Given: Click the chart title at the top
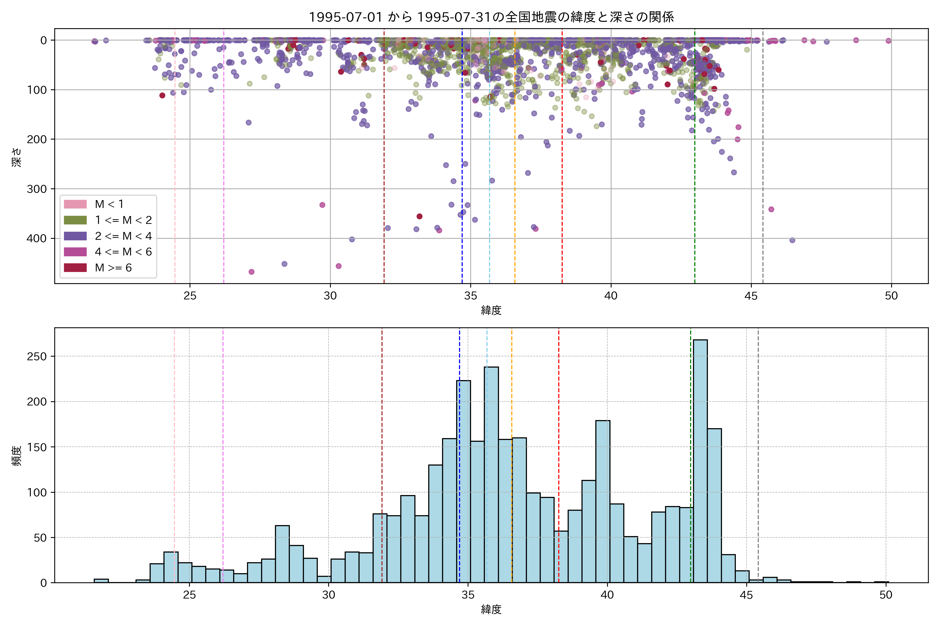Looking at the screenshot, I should tap(491, 17).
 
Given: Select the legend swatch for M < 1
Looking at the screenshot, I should tap(75, 204).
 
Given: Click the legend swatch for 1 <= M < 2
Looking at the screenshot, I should tap(75, 220).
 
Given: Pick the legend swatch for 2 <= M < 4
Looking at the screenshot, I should tap(75, 236).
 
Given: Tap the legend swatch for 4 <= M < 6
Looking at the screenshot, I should tap(75, 252).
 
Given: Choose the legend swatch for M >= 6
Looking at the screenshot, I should tap(75, 268).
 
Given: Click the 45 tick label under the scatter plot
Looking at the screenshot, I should tap(751, 296).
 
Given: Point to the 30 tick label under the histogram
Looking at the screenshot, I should tap(328, 595).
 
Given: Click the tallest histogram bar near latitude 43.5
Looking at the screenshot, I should tap(700, 460).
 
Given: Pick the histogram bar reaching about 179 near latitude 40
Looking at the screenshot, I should tap(603, 502).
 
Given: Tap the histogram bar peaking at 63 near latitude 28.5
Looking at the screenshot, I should tap(282, 554).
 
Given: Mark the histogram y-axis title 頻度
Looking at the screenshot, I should tap(16, 456).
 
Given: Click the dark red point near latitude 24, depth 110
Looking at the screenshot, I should tap(162, 95).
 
